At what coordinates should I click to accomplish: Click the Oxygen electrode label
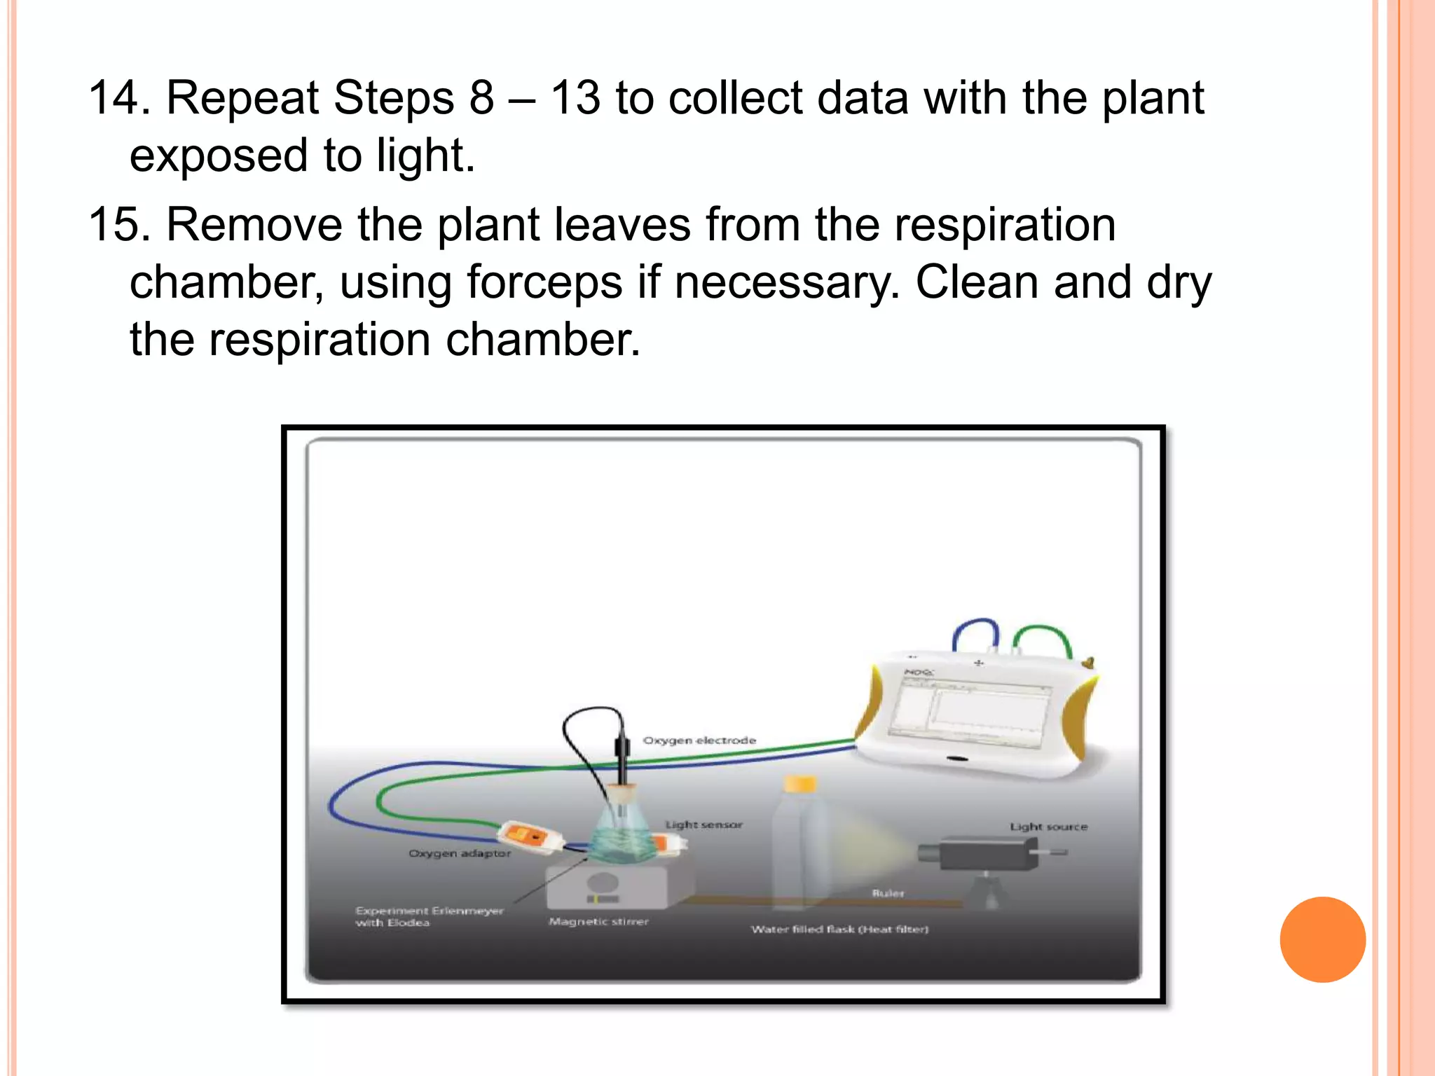(x=699, y=740)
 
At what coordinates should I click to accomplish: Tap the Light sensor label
(x=703, y=825)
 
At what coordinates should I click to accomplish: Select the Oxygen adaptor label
(x=460, y=853)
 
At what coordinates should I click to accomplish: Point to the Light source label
(x=1048, y=827)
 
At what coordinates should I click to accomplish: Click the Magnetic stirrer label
(x=598, y=922)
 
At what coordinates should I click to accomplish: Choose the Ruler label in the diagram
(x=888, y=893)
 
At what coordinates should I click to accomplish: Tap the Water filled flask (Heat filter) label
(x=839, y=930)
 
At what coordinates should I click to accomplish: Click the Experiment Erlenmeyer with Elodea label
(x=429, y=916)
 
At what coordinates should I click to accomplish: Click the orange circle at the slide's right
(x=1322, y=939)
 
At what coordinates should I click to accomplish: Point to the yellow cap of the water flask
(x=799, y=783)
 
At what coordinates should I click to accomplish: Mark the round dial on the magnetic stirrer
(x=602, y=883)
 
